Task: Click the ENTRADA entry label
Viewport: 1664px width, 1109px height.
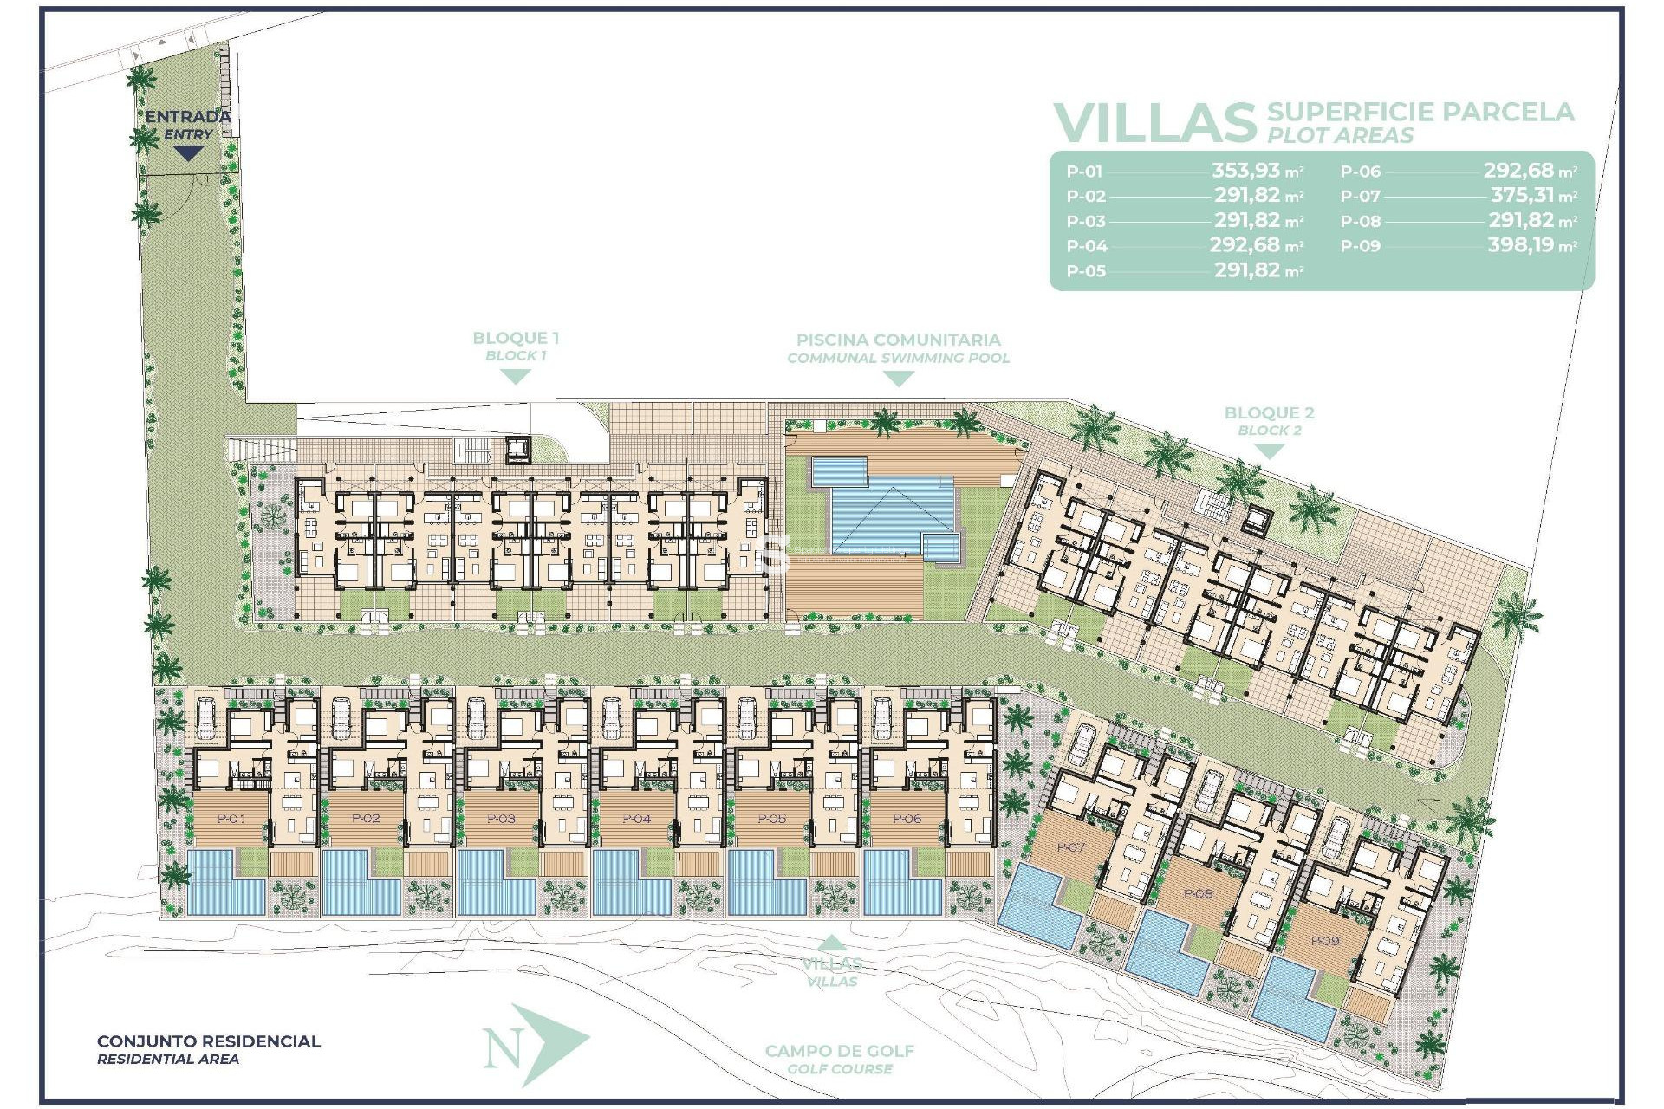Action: tap(187, 116)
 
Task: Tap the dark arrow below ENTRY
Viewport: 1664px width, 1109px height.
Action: tap(188, 153)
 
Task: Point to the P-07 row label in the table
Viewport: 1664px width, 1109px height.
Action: tap(1360, 197)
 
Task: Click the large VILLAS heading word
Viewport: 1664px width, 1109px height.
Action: tap(1154, 123)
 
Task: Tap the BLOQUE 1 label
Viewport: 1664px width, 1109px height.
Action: tap(515, 338)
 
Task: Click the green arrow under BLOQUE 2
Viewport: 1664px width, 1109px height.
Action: tap(1269, 451)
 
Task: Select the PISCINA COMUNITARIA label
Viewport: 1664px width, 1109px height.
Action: tap(898, 340)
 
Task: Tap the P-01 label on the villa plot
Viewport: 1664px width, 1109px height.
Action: tap(231, 819)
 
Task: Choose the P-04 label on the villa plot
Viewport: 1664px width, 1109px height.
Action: tap(636, 819)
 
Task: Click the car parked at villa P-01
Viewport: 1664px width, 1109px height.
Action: tap(206, 718)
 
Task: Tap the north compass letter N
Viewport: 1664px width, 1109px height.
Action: tap(503, 1049)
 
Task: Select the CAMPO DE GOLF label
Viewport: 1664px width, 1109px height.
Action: tap(839, 1051)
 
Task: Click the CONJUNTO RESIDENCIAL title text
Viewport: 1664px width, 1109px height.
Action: tap(208, 1041)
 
